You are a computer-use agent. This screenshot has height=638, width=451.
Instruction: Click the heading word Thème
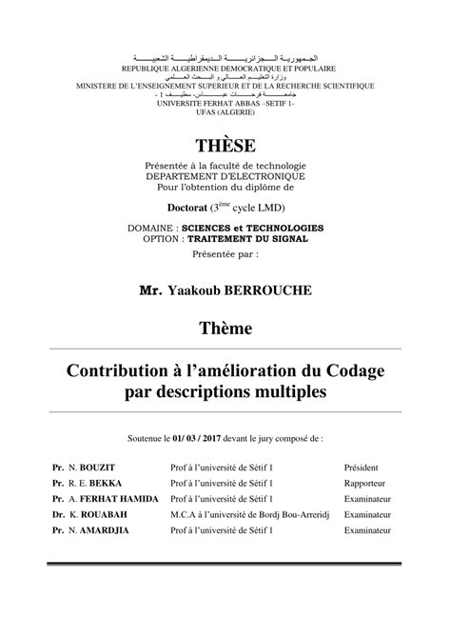click(x=225, y=329)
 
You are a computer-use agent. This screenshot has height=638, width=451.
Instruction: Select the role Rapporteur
click(x=365, y=484)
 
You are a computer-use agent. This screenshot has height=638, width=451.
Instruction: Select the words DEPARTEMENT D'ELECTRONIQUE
click(x=225, y=177)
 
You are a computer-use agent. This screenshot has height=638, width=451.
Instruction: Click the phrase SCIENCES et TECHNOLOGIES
click(x=263, y=228)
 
